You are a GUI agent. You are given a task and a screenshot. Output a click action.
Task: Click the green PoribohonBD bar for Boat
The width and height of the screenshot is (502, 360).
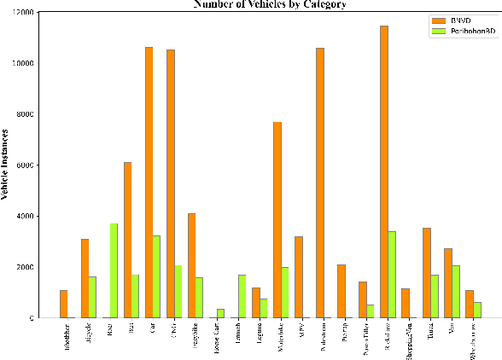[x=114, y=270]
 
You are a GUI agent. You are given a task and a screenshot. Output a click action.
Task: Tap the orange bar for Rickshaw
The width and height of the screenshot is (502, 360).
[x=384, y=171]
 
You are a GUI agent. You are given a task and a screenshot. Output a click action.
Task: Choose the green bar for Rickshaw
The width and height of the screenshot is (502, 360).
[x=392, y=275]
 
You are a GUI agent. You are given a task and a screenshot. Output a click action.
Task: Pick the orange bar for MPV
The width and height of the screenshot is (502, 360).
[x=299, y=277]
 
